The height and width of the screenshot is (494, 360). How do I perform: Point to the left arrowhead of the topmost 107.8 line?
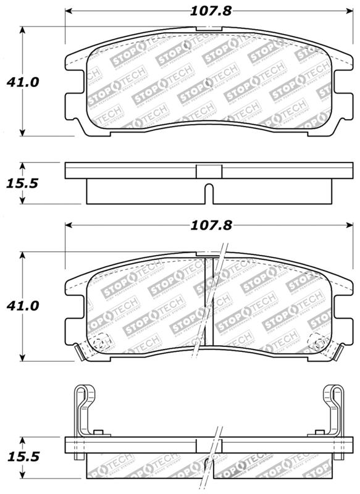(x=69, y=11)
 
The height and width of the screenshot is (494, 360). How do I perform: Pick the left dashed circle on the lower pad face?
(x=101, y=340)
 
